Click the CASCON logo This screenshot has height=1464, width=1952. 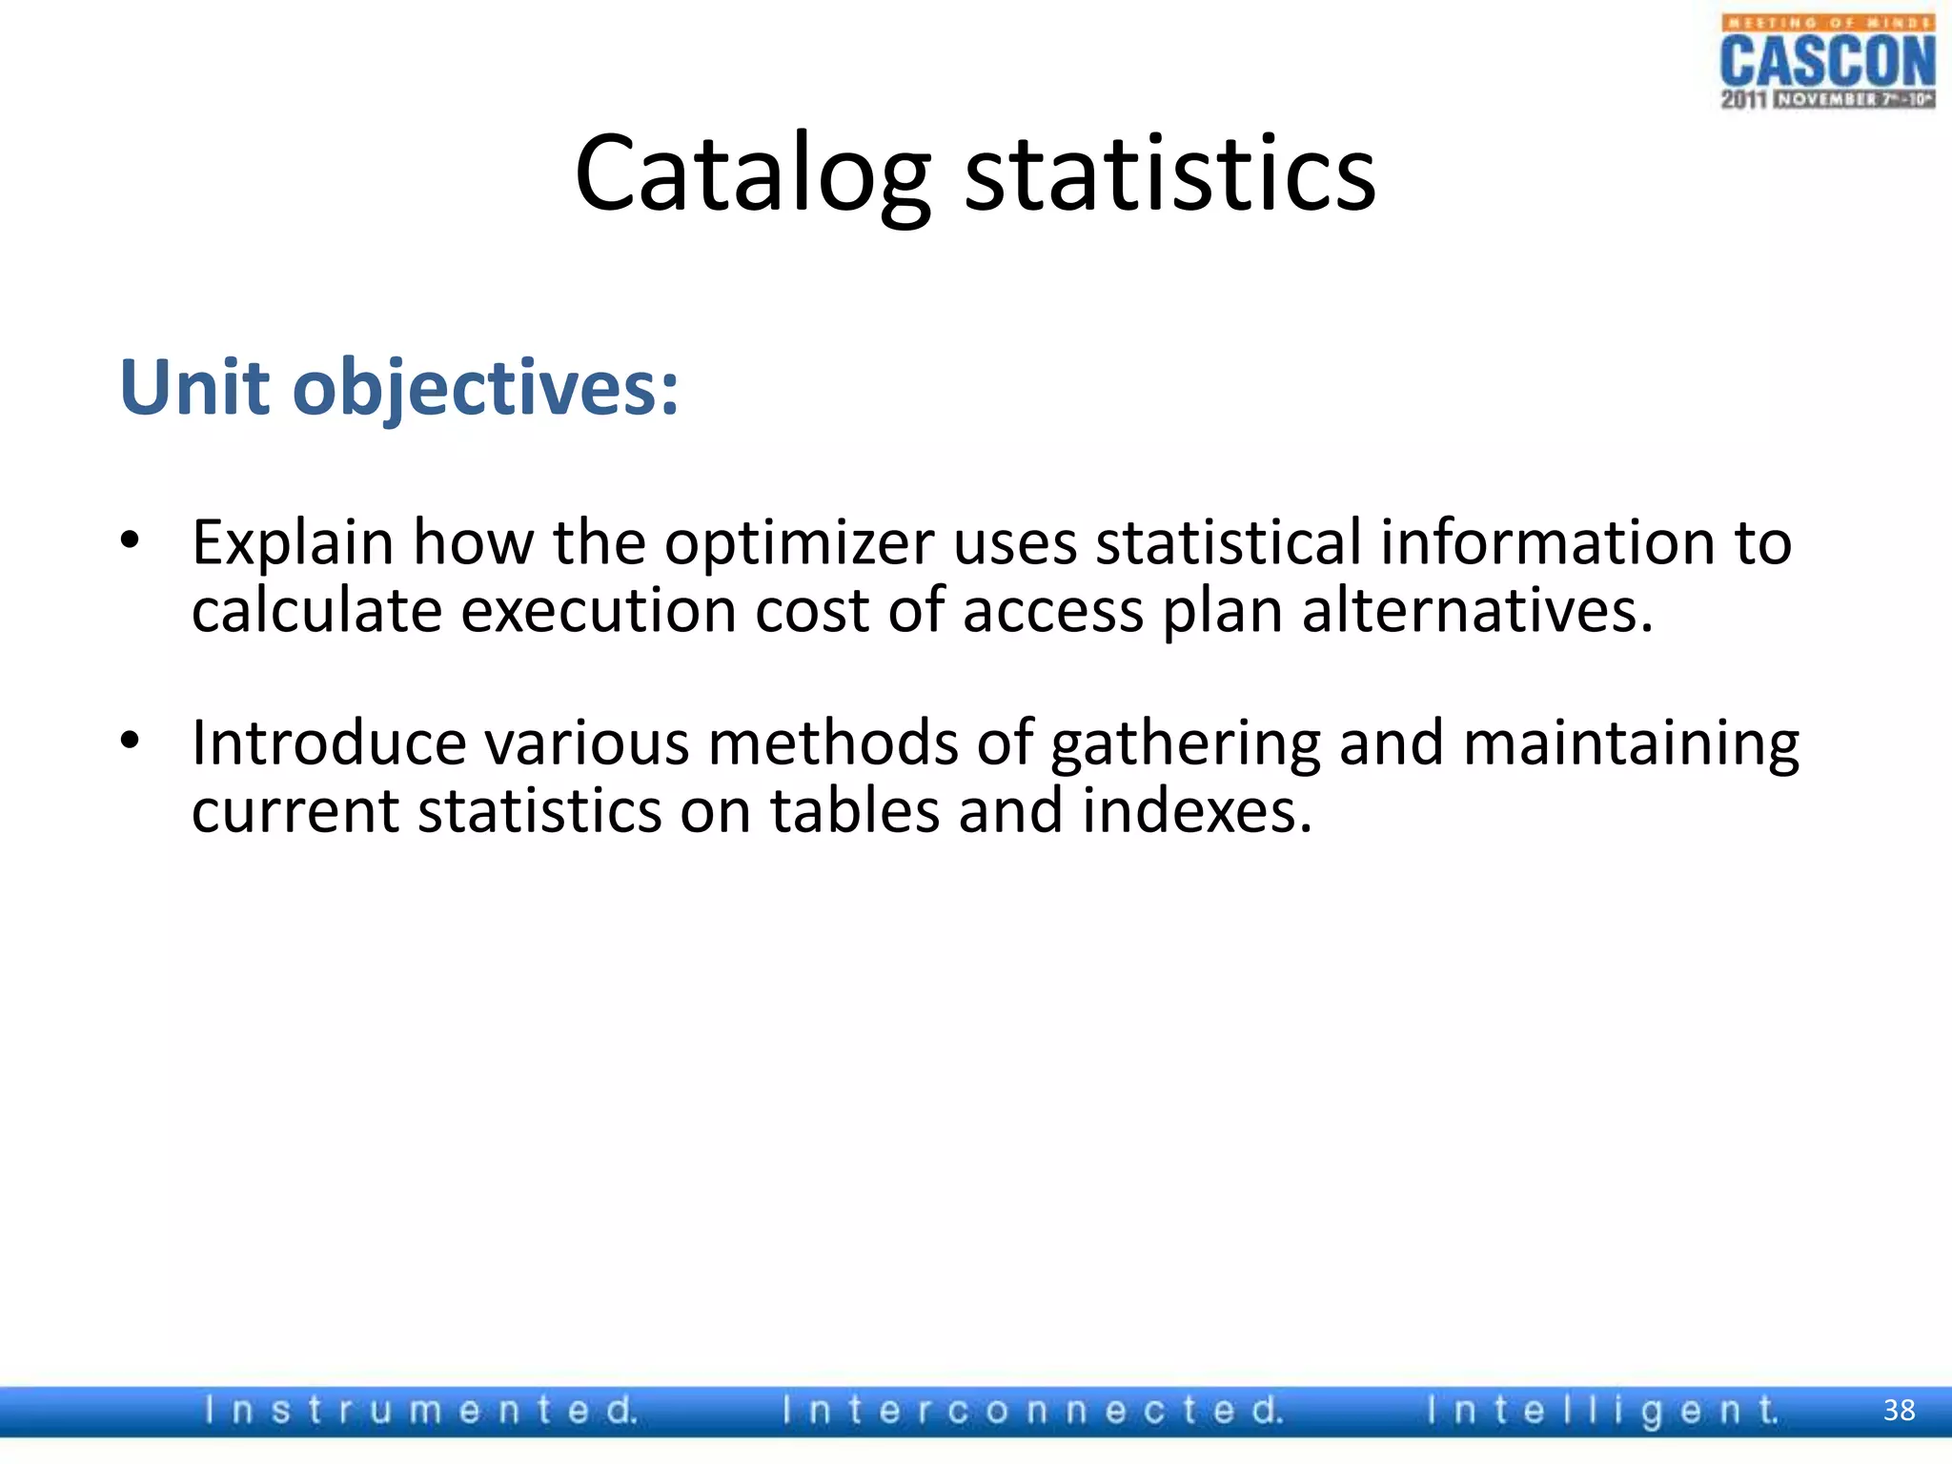1827,62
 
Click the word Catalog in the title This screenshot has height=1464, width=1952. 752,174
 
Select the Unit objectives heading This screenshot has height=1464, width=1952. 399,388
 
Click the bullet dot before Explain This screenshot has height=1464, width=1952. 131,540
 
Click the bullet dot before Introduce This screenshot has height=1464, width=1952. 131,740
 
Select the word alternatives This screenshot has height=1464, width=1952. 1477,611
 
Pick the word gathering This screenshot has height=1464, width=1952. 1186,744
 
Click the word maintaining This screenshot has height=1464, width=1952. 1631,744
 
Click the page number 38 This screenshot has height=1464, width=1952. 1899,1410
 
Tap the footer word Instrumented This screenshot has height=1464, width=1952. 420,1410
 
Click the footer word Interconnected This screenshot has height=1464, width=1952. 1032,1410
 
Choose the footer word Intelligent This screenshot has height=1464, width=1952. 1602,1410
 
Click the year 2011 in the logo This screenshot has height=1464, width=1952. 1743,99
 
